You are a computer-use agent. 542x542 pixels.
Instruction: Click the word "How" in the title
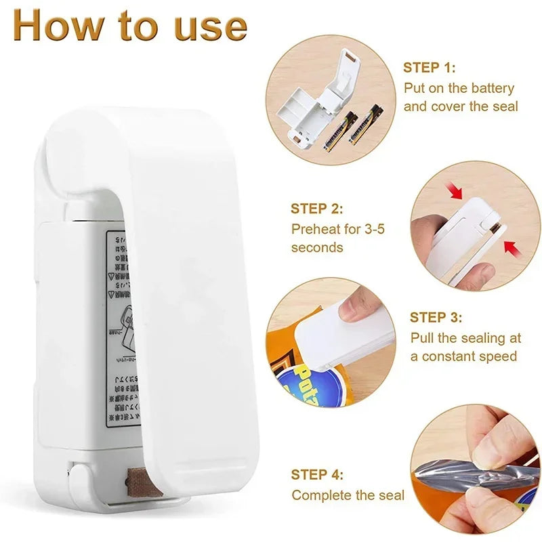(x=58, y=25)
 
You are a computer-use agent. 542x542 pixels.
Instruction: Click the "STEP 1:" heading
(x=430, y=67)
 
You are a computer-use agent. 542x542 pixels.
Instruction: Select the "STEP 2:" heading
(x=317, y=209)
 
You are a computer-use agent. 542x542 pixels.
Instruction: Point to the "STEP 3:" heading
(x=436, y=317)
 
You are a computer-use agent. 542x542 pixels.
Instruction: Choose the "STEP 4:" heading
(x=317, y=475)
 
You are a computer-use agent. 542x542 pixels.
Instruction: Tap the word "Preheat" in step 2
(x=317, y=229)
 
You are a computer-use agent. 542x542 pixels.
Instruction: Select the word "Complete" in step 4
(x=322, y=495)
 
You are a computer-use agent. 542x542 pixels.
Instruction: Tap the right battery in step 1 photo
(x=364, y=123)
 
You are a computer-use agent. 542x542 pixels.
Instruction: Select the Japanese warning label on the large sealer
(x=122, y=325)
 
